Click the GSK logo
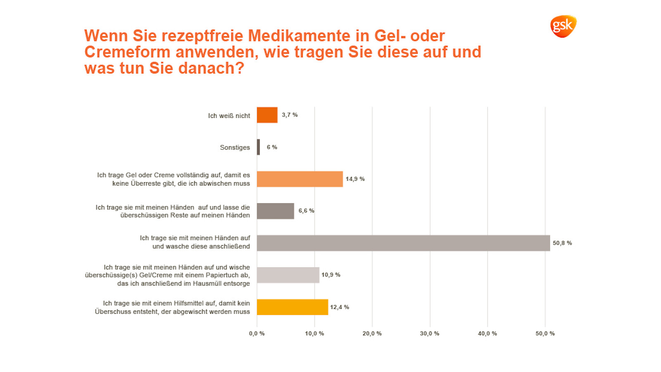coord(563,26)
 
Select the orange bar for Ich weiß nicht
coord(267,115)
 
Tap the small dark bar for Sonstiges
coord(259,147)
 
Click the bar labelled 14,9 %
coord(300,179)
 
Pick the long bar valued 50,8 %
coord(403,243)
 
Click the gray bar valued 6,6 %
coord(275,211)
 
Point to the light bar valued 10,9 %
coord(288,275)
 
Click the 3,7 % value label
coord(290,115)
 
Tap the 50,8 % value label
coord(562,243)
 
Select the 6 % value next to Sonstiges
coord(272,147)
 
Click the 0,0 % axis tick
coord(257,334)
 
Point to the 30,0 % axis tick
coord(430,334)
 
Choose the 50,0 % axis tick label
coord(545,334)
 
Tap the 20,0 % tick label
coord(372,334)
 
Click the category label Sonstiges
coord(235,148)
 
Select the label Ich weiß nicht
coord(229,116)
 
